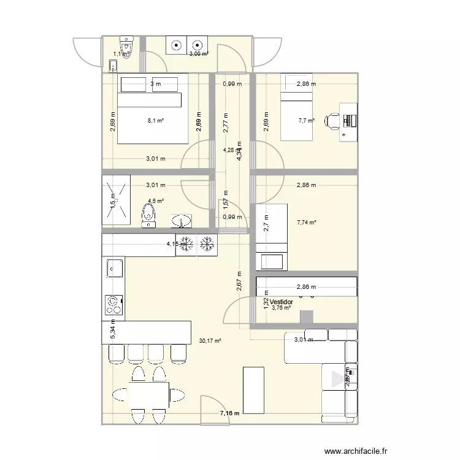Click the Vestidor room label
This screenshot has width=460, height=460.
[x=282, y=302]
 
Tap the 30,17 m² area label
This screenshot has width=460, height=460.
[x=210, y=341]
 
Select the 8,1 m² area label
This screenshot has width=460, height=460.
[x=156, y=121]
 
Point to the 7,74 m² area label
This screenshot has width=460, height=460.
[x=305, y=223]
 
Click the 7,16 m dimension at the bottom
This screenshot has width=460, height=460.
[x=230, y=414]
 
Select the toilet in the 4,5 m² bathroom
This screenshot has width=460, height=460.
[x=148, y=215]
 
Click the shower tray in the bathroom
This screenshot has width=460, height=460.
[x=117, y=199]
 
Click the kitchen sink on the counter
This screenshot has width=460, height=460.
[x=113, y=267]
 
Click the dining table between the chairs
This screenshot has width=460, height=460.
[x=149, y=394]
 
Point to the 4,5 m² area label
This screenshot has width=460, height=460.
[x=156, y=201]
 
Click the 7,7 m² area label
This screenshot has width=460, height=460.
[x=307, y=121]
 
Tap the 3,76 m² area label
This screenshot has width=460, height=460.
[x=281, y=309]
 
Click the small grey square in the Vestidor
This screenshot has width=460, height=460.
[x=306, y=316]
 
